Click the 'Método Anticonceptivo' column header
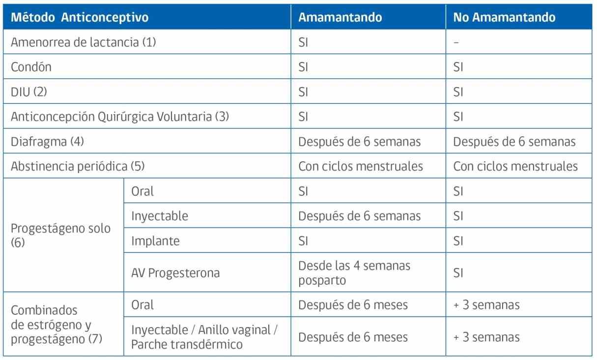[80, 17]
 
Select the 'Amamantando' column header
[340, 17]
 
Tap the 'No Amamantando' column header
[504, 17]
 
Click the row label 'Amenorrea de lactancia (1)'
[83, 42]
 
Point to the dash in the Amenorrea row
[456, 42]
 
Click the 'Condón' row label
[31, 67]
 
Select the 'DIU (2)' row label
[29, 92]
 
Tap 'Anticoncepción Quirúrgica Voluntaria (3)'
[120, 117]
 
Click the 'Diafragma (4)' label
[47, 141]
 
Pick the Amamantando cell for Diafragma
[359, 142]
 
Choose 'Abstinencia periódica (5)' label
[78, 166]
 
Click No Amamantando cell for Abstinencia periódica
[515, 166]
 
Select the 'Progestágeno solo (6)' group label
[60, 235]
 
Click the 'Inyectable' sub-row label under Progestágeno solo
[160, 216]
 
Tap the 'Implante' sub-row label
[155, 241]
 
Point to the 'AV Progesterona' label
[175, 273]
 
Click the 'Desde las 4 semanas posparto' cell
[354, 273]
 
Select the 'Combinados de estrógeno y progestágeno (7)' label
[57, 325]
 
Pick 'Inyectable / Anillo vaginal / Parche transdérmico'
[204, 337]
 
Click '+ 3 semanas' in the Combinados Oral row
[486, 305]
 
